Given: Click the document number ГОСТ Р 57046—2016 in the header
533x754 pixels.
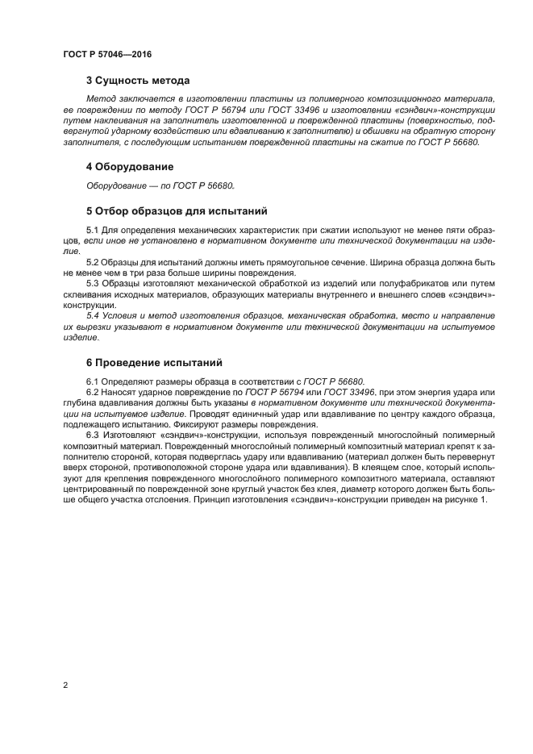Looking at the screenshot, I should [107, 55].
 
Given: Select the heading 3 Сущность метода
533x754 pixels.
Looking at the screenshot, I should [138, 81].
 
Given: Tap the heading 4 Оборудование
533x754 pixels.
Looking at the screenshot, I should [130, 167].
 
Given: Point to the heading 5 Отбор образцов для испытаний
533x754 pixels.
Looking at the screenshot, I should [177, 212].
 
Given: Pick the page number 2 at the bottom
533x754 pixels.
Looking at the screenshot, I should [65, 685].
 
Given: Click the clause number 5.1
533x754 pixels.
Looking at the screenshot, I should [93, 231].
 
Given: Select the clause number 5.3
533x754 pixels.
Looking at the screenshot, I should [93, 284].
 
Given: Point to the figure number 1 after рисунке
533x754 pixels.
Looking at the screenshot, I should [484, 500].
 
